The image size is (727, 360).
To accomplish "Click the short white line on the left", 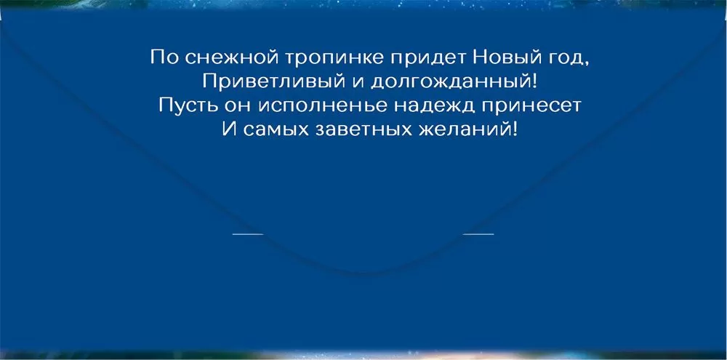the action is (x=248, y=233).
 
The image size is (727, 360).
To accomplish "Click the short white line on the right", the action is (x=478, y=233).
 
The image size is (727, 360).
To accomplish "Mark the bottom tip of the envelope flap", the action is (x=363, y=273).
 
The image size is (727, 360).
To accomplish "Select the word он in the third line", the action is (x=237, y=107).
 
